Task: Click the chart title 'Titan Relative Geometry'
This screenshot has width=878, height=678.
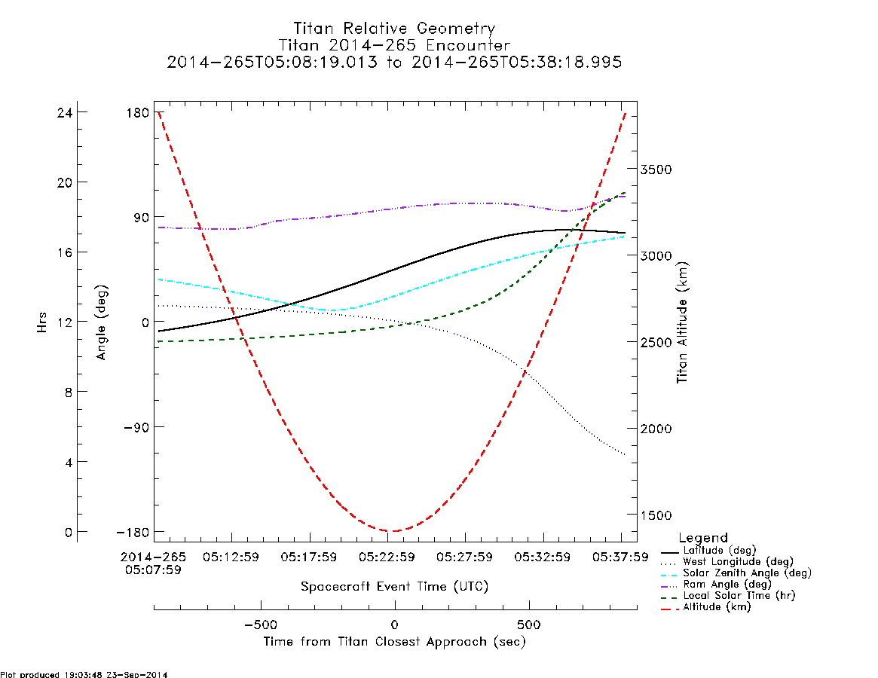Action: (x=394, y=29)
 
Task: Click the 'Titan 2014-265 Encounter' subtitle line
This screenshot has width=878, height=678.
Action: (x=394, y=45)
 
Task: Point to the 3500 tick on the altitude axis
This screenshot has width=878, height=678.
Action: (x=656, y=169)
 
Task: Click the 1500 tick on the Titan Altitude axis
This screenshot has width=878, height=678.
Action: (x=656, y=515)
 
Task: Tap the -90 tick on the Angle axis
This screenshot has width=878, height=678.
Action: (x=136, y=427)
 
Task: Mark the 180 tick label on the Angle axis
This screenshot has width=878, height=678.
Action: (x=138, y=112)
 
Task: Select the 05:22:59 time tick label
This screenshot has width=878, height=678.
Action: (x=387, y=557)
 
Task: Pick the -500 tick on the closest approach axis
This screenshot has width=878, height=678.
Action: (x=261, y=625)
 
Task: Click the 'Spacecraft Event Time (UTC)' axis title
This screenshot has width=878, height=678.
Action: (x=394, y=586)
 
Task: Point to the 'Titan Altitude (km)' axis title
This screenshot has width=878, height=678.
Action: (x=682, y=322)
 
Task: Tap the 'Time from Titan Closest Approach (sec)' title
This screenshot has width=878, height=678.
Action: (x=394, y=642)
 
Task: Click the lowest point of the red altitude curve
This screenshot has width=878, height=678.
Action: (x=393, y=531)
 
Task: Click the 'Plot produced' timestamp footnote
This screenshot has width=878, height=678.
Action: (x=84, y=674)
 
